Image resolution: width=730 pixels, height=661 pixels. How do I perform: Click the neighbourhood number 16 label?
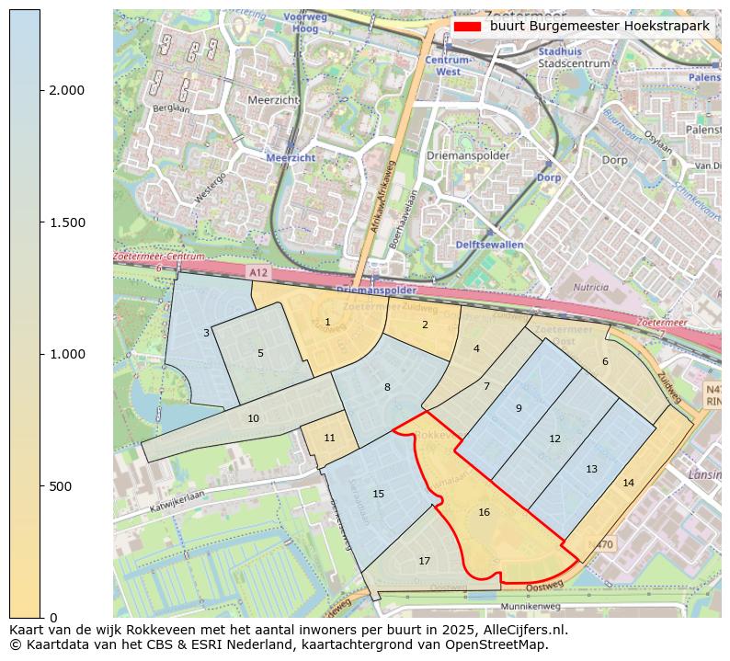click(x=484, y=512)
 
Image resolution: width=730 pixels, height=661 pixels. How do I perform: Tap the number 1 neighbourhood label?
click(x=327, y=322)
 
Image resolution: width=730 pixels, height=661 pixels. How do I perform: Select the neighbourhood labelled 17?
click(x=424, y=561)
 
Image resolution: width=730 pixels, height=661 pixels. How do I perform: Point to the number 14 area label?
click(x=628, y=483)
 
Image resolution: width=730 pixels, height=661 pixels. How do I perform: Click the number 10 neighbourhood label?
click(x=253, y=418)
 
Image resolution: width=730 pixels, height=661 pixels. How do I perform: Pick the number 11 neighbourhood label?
click(x=329, y=438)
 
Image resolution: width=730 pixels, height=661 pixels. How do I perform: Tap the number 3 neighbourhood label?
click(x=206, y=333)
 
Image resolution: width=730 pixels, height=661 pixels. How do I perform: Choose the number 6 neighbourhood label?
click(x=605, y=361)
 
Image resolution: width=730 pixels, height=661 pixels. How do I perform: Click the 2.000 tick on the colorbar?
click(x=67, y=90)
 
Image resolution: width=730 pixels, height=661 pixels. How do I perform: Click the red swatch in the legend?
click(x=467, y=27)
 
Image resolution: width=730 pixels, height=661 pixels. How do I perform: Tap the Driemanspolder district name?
click(x=468, y=155)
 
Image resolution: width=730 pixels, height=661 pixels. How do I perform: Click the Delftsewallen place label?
click(x=489, y=245)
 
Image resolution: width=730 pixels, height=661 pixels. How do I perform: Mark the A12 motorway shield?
click(x=260, y=273)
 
